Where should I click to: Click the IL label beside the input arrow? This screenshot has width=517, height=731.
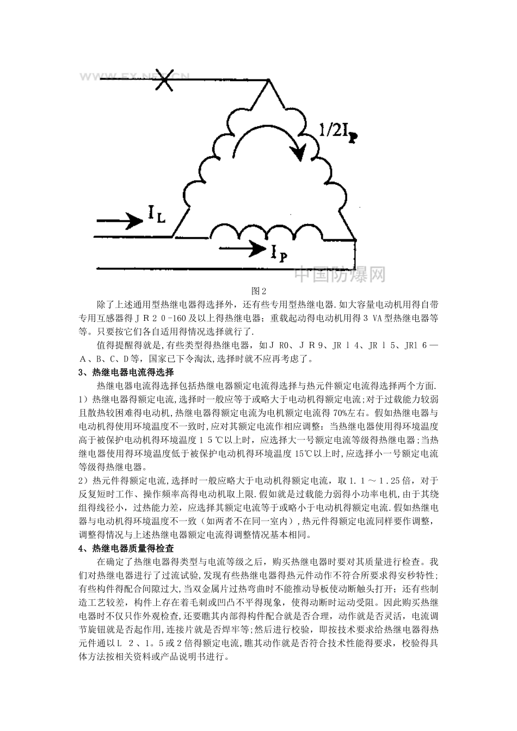[x=155, y=217]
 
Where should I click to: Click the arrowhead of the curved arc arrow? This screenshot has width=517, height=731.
[x=298, y=153]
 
